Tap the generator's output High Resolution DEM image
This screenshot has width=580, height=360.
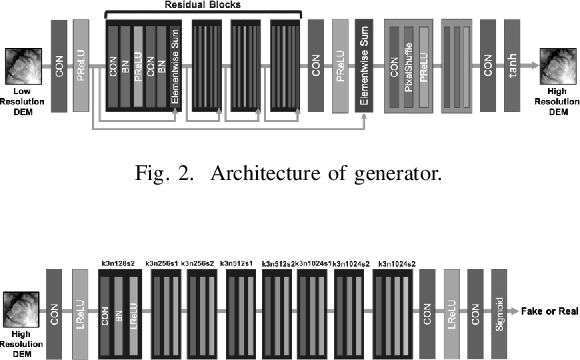(x=558, y=65)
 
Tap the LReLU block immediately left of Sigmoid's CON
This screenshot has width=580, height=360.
(x=452, y=311)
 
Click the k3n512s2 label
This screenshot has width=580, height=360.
(x=277, y=264)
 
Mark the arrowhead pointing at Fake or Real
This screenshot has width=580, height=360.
(x=509, y=311)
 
